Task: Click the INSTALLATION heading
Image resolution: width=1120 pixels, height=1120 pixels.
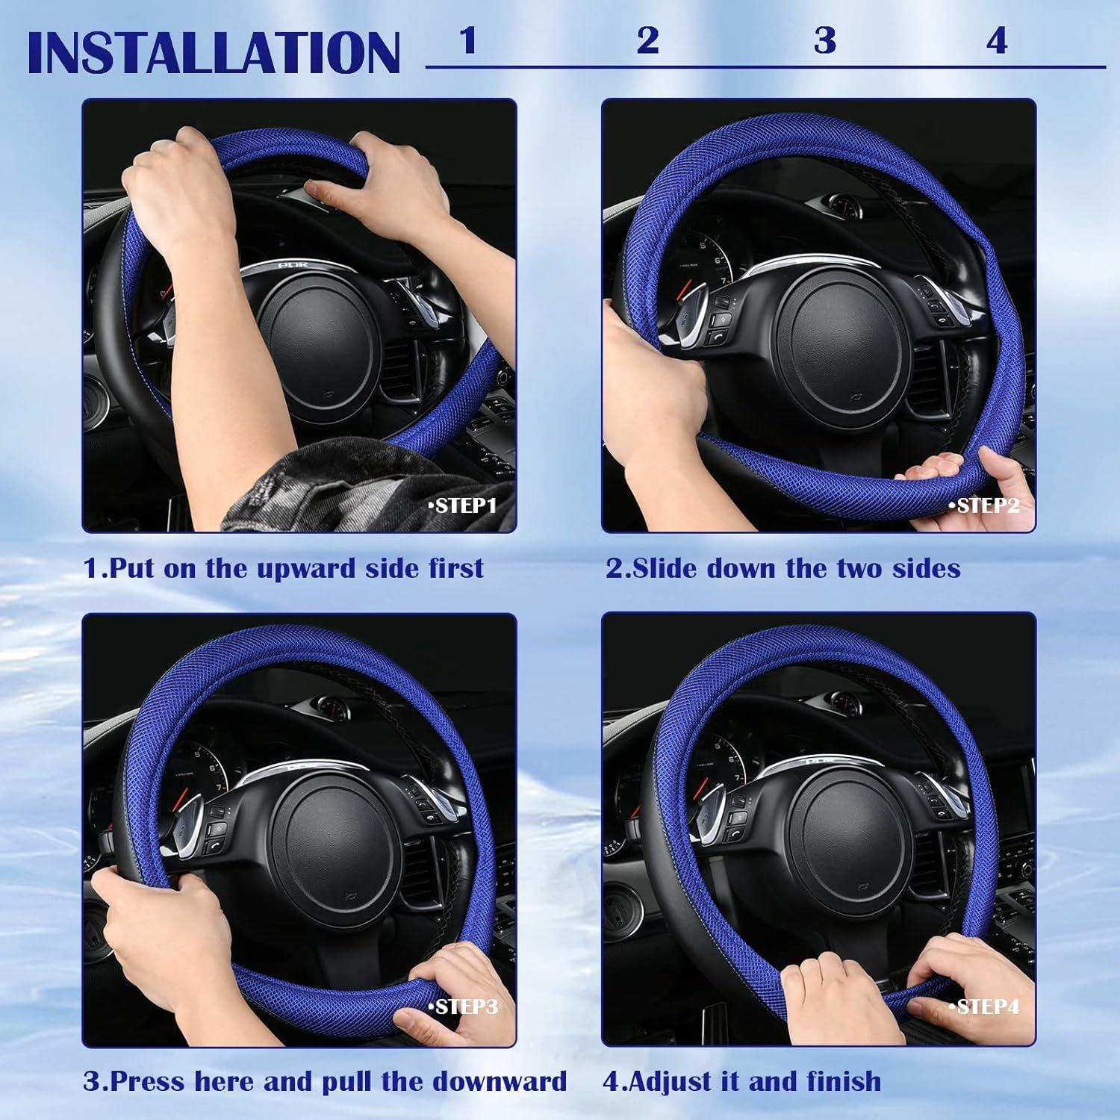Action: (x=214, y=52)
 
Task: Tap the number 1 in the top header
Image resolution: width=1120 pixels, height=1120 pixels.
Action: (x=468, y=40)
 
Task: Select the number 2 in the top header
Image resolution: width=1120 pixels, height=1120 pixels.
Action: (x=647, y=40)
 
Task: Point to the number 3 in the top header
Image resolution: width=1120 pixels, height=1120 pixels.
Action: (x=824, y=40)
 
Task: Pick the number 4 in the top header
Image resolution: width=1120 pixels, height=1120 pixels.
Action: (x=997, y=40)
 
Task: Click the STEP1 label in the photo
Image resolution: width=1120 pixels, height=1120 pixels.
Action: (x=462, y=505)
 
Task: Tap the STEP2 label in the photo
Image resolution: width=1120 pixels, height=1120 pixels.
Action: (x=983, y=505)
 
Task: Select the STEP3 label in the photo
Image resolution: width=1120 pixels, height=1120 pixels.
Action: (x=463, y=1007)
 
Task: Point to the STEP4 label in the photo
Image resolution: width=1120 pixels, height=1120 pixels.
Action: (x=983, y=1007)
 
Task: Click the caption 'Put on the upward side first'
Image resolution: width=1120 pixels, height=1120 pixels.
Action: (x=284, y=568)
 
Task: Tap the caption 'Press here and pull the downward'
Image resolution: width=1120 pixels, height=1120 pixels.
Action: (x=325, y=1081)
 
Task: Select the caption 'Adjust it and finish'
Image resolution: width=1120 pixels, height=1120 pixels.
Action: (x=742, y=1081)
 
